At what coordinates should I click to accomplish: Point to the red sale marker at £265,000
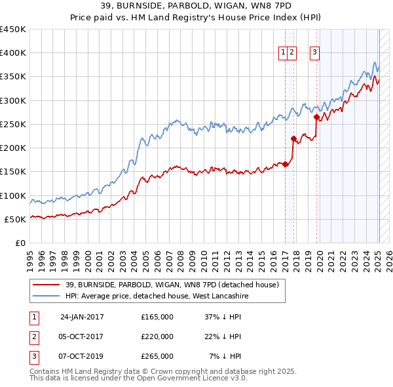[317, 117]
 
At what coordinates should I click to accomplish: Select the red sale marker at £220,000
[293, 138]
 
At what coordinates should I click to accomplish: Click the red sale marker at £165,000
[286, 165]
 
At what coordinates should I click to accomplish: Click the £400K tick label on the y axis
[13, 53]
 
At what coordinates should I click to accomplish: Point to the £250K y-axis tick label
[13, 124]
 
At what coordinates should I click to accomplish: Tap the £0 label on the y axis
[21, 243]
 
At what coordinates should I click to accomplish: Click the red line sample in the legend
[46, 285]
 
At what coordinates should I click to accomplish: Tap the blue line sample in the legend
[46, 296]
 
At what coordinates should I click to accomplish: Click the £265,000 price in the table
[157, 356]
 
